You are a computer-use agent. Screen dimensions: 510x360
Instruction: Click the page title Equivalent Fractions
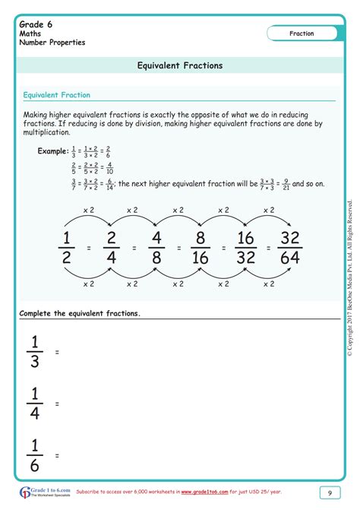pyautogui.click(x=180, y=65)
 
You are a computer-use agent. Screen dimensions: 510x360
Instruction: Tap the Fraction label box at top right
pyautogui.click(x=302, y=33)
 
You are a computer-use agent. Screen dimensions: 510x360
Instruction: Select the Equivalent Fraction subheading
pyautogui.click(x=57, y=95)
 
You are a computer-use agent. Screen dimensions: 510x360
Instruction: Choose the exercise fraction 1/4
pyautogui.click(x=34, y=404)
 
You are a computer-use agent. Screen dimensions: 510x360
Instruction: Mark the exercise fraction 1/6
pyautogui.click(x=34, y=455)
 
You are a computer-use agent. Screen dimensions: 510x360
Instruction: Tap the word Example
pyautogui.click(x=53, y=150)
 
